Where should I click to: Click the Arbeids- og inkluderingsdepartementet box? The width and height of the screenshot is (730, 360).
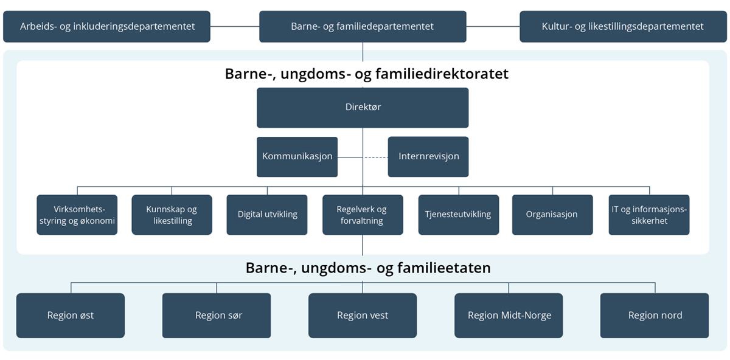106,27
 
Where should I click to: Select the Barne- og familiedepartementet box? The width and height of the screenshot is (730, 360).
363,27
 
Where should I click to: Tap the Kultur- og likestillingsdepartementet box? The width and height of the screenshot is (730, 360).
623,27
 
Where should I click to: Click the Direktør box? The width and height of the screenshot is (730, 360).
363,108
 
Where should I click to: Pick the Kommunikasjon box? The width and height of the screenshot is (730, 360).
297,156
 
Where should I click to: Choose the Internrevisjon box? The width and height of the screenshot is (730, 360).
428,156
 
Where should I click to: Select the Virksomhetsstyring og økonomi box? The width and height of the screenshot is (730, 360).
76,215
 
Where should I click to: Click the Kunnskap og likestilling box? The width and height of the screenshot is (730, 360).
172,215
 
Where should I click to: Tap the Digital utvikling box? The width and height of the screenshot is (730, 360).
267,215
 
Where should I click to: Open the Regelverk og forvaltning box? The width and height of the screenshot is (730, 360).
363,215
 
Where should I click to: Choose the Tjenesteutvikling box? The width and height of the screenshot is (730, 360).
458,215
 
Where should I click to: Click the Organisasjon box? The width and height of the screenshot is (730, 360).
552,215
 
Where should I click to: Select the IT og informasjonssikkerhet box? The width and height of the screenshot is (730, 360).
649,215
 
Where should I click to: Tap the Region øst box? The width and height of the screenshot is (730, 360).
71,316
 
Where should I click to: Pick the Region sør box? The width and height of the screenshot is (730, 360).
217,316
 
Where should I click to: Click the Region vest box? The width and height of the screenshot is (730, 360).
363,316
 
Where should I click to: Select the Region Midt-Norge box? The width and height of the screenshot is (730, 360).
509,316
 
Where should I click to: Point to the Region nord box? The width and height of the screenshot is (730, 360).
655,316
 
